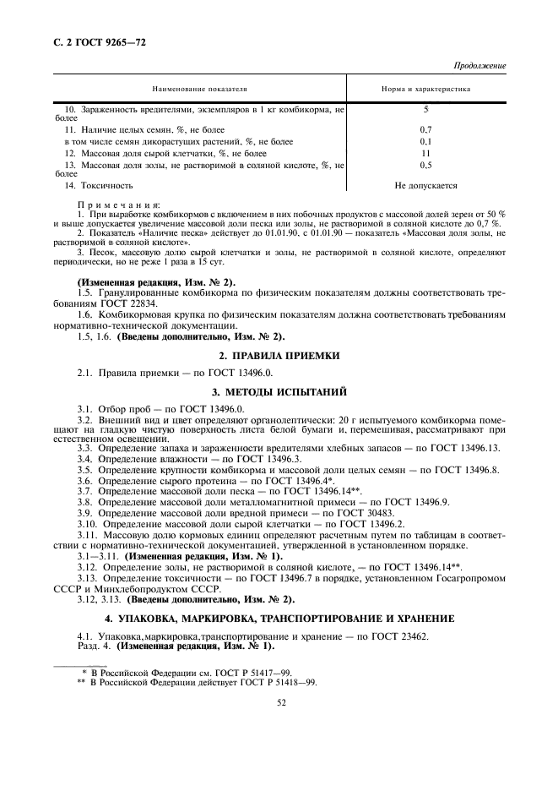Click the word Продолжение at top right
click(479, 65)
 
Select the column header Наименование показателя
click(199, 88)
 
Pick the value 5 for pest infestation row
click(425, 110)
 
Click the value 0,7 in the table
click(425, 129)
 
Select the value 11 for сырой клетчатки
click(425, 154)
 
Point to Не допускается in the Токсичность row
click(425, 184)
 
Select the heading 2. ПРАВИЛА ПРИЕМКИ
click(279, 356)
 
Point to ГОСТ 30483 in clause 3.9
click(364, 513)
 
